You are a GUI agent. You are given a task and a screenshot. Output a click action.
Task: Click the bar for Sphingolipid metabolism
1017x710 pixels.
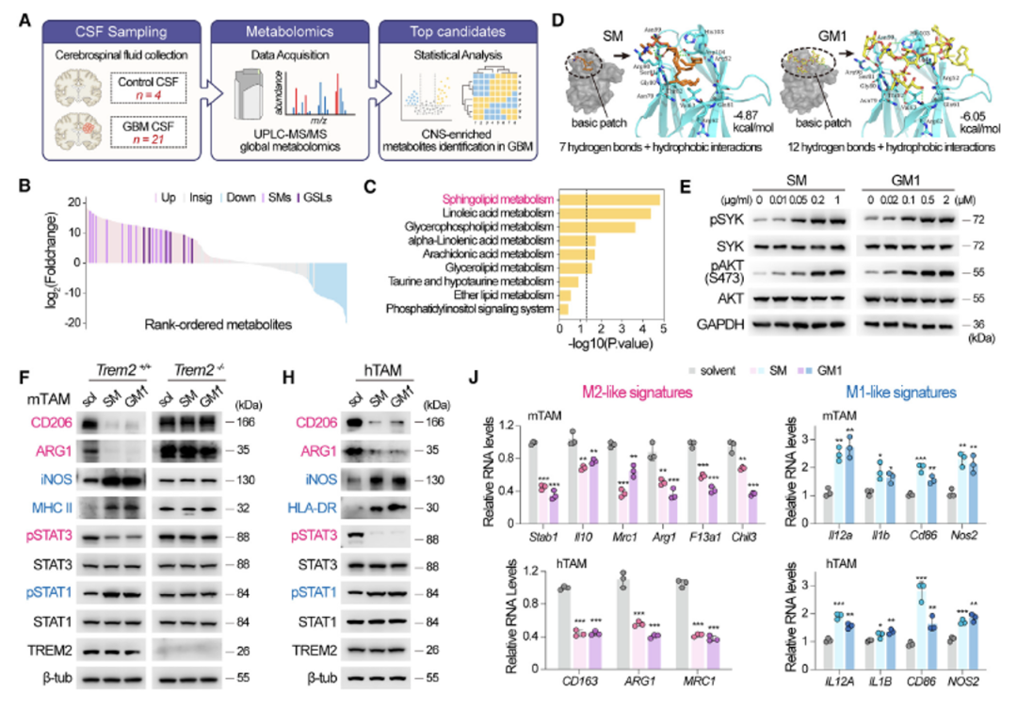608,200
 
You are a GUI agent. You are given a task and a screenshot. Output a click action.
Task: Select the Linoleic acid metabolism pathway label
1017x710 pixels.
503,214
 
